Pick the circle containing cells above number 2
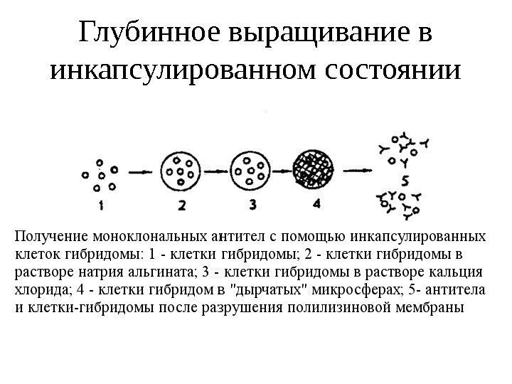[182, 171]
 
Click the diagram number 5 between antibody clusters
[404, 179]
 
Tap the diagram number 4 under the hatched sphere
[316, 203]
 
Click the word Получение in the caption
[49, 235]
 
